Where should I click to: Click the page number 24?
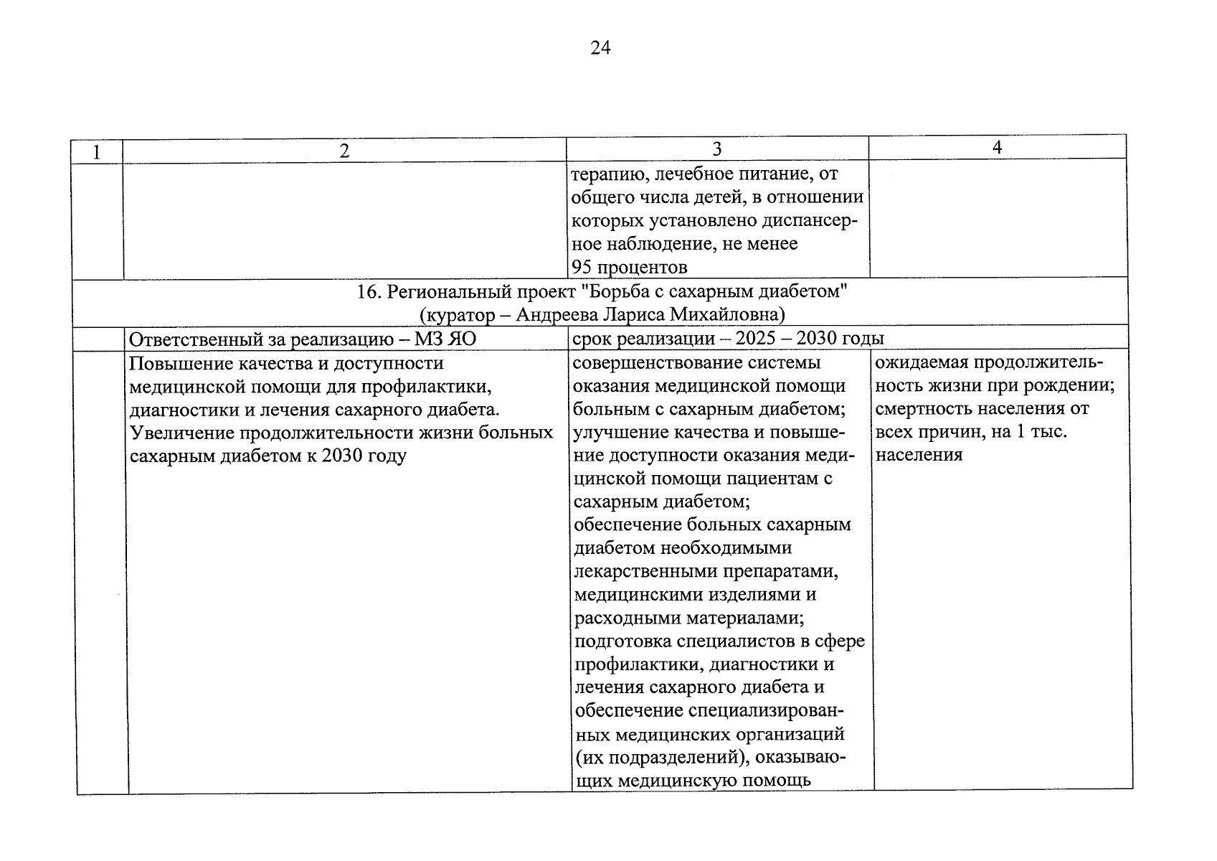coord(600,48)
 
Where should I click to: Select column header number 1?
coord(96,152)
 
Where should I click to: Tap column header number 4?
coord(997,148)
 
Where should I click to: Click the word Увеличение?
coord(182,433)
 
